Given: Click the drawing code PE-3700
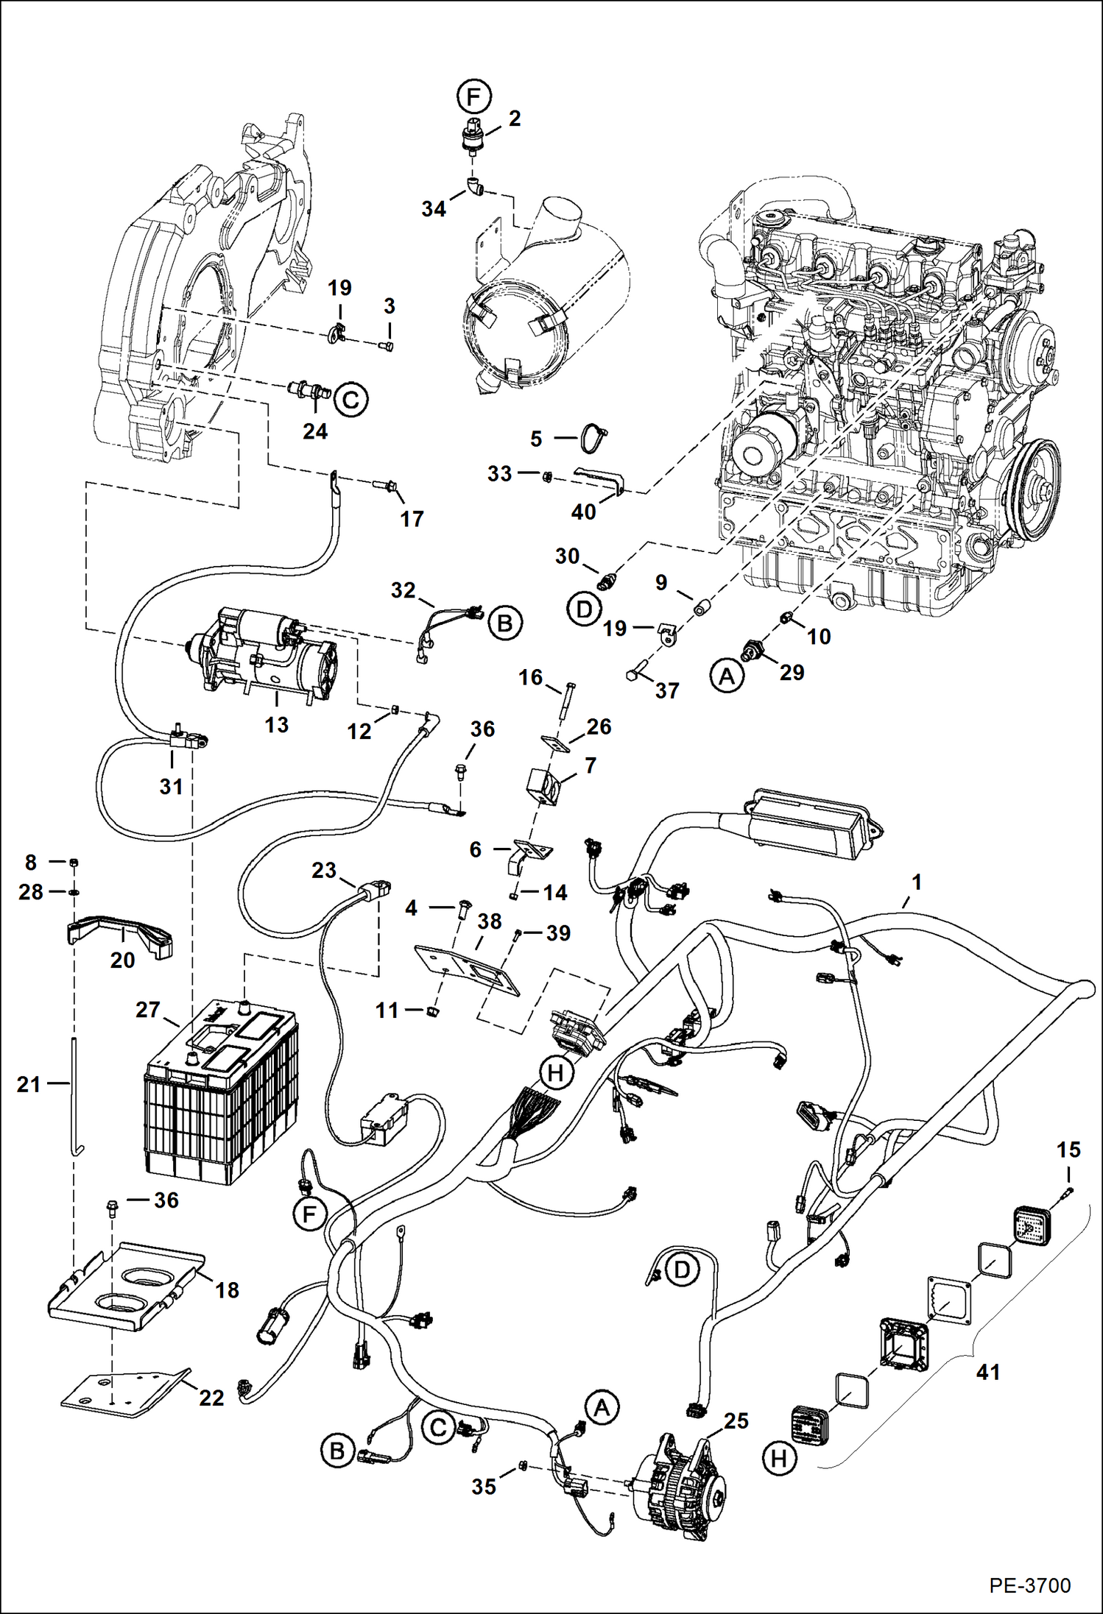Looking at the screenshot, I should pos(1029,1585).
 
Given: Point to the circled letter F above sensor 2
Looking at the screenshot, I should pos(473,96).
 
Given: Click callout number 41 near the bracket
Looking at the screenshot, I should pos(987,1372).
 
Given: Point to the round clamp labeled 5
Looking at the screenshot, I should pos(593,438).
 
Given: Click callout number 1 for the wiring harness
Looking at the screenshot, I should pos(916,882).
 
